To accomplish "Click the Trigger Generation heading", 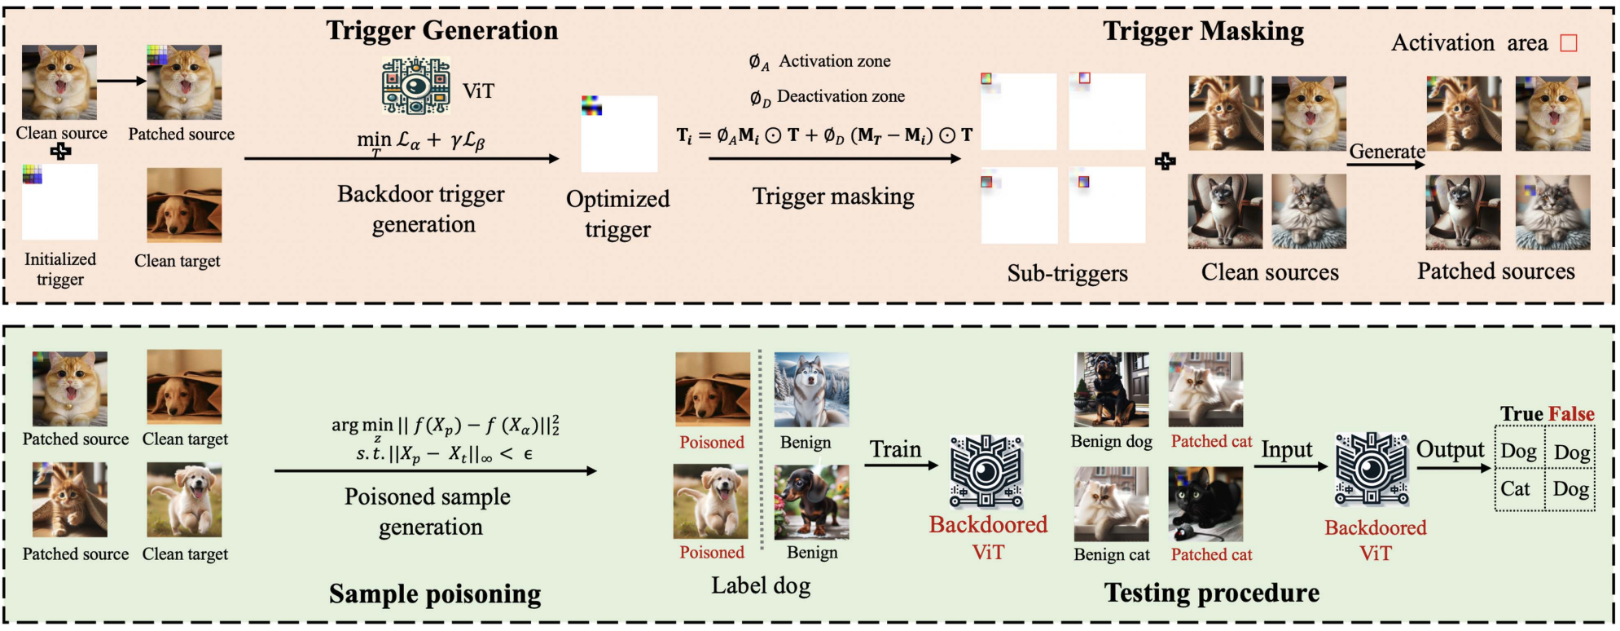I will pyautogui.click(x=442, y=30).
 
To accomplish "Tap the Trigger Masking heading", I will pyautogui.click(x=1203, y=31).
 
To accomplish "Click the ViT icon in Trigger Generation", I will pyautogui.click(x=416, y=86).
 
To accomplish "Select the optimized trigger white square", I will pyautogui.click(x=619, y=134).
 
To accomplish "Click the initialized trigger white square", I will pyautogui.click(x=60, y=201).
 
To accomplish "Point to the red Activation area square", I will pyautogui.click(x=1568, y=43).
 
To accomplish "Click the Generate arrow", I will pyautogui.click(x=1385, y=165).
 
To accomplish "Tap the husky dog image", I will pyautogui.click(x=811, y=390).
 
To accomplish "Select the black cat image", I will pyautogui.click(x=1205, y=504).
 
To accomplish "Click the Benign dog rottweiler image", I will pyautogui.click(x=1111, y=390).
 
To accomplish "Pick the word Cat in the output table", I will pyautogui.click(x=1515, y=489).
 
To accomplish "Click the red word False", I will pyautogui.click(x=1571, y=414).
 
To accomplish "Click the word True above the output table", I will pyautogui.click(x=1521, y=414).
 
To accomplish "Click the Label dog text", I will pyautogui.click(x=761, y=585).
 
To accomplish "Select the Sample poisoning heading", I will pyautogui.click(x=435, y=594).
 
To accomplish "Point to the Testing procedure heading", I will pyautogui.click(x=1212, y=593).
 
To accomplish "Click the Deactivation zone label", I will pyautogui.click(x=840, y=97).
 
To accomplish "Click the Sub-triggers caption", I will pyautogui.click(x=1067, y=273).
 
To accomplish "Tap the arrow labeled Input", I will pyautogui.click(x=1290, y=467).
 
